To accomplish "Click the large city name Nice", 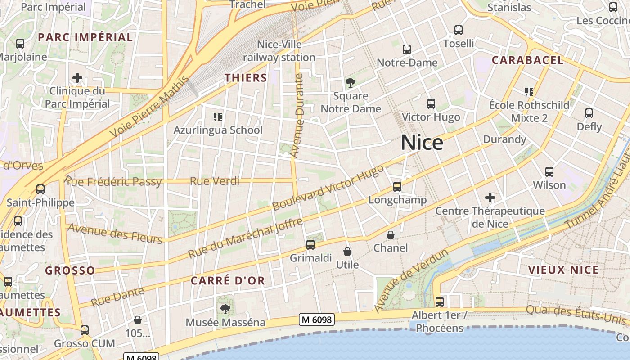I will coord(422,143).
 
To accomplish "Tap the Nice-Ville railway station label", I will coord(279,51).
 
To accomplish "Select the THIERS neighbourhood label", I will coord(246,77).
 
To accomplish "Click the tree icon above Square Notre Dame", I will coord(350,83).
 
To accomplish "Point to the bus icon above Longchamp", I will coord(397,186).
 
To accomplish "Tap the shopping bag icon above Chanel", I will coord(391,235).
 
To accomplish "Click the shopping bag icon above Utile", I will coord(347,252).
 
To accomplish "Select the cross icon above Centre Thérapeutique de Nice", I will coord(490,198).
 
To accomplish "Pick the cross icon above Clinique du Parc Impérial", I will coord(77,78).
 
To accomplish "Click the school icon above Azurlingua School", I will coord(218,117).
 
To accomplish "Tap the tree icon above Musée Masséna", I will coord(225,309).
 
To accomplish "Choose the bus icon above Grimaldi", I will coord(310,245).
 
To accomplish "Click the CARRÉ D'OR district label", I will coord(228,280).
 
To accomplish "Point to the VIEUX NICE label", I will coord(563,270).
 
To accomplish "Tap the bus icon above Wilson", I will coord(549,172).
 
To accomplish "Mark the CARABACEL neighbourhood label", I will coord(527,60).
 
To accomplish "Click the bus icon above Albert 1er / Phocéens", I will coord(440,301).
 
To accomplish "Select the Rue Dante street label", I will coord(117,297).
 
